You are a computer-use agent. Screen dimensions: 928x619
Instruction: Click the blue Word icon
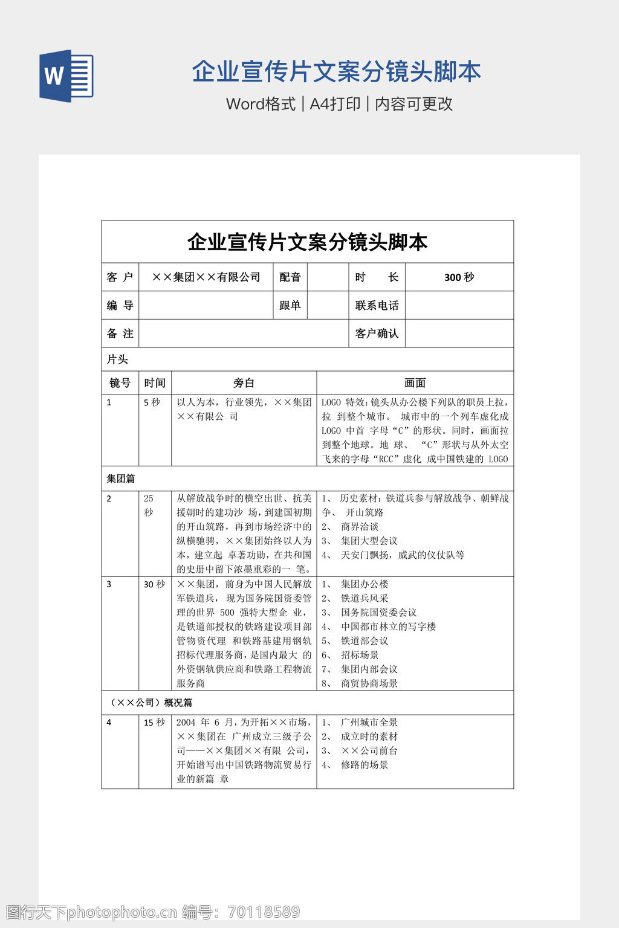(x=66, y=76)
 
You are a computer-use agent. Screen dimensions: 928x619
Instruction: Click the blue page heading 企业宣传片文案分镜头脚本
(x=336, y=72)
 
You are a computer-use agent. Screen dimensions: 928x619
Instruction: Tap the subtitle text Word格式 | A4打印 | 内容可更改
(x=339, y=104)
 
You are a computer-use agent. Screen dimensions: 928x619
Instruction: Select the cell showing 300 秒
(x=459, y=277)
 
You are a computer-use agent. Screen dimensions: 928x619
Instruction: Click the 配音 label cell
(x=290, y=277)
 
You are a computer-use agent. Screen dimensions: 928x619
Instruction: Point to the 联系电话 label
(x=377, y=306)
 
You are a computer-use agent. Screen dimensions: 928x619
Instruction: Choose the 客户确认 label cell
(x=377, y=333)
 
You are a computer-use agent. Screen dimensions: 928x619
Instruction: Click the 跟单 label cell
(x=290, y=306)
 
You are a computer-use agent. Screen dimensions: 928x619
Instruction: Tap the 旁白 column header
(x=244, y=383)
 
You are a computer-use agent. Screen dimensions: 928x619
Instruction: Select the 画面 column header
(x=415, y=383)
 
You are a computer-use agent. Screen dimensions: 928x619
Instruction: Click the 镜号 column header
(x=120, y=383)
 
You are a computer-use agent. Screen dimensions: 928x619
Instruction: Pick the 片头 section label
(x=117, y=359)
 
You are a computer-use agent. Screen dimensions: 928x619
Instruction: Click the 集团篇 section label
(x=121, y=478)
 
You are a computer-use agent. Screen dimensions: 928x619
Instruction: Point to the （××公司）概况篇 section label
(x=149, y=703)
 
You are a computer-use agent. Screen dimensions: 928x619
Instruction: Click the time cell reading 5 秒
(x=152, y=402)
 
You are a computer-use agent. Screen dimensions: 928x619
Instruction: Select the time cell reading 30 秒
(x=154, y=584)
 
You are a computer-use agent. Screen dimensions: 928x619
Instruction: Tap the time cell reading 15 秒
(x=154, y=723)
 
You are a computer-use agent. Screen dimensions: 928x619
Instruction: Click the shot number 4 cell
(x=109, y=723)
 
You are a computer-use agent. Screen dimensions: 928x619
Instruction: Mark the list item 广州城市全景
(x=369, y=723)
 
